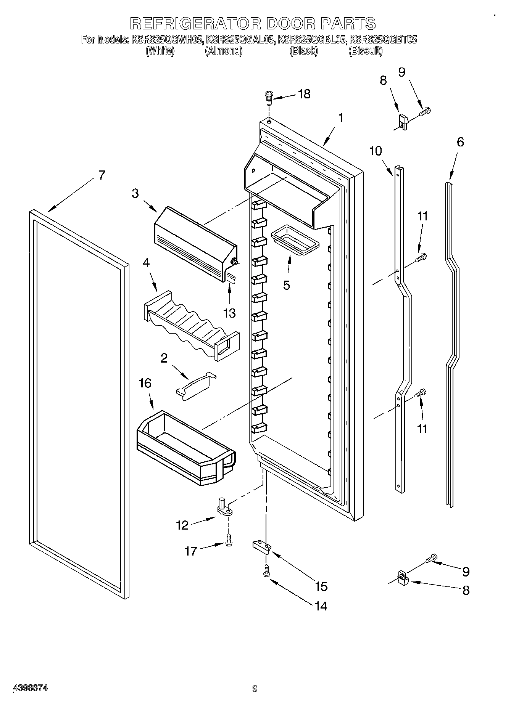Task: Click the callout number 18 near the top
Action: (x=304, y=94)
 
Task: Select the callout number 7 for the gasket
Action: (x=101, y=175)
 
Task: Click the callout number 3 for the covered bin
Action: (x=135, y=193)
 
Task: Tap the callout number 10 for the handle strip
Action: (x=376, y=151)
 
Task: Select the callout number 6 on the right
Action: (x=460, y=142)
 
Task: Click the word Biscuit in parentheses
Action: (x=365, y=51)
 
